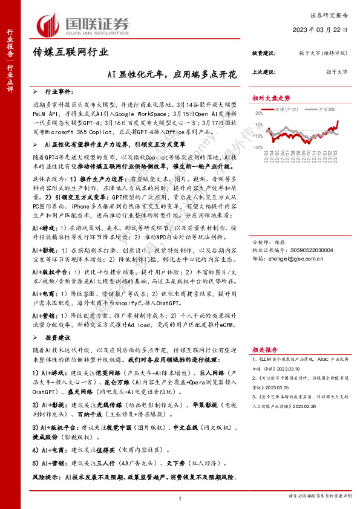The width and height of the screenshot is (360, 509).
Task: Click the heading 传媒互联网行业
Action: [70, 53]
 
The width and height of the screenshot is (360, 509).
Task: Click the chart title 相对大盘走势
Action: [271, 98]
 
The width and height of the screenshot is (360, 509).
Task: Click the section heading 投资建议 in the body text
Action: [61, 339]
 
